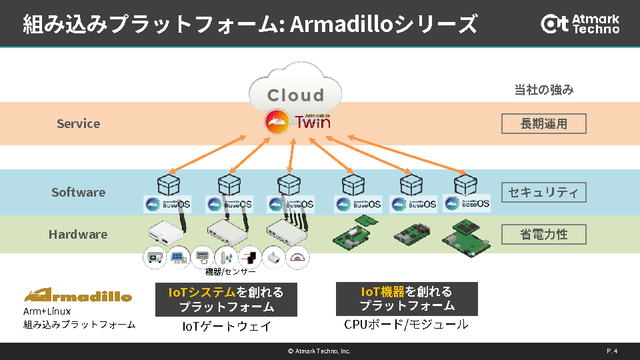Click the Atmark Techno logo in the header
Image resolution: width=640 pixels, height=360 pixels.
pos(580,23)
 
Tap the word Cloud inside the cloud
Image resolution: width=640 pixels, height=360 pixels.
pos(295,95)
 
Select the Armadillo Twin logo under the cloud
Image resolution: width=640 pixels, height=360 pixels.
pos(297,123)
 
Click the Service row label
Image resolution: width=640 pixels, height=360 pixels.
pos(78,123)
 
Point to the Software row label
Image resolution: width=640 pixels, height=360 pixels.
pos(78,192)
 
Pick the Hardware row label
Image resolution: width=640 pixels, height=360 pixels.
pos(78,234)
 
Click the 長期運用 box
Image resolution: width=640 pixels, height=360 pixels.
pos(544,124)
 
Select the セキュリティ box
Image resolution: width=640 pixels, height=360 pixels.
pos(544,192)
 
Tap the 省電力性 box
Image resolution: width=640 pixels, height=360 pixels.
pos(544,234)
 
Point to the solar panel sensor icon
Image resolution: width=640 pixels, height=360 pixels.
pos(178,256)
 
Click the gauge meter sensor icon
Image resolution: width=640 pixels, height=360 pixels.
pos(297,257)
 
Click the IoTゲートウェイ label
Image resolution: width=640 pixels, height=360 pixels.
pos(227,326)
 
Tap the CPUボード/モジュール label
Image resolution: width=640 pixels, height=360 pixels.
pos(406,325)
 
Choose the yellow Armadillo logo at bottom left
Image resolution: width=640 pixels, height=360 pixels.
pos(78,295)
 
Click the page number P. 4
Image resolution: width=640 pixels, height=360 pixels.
pos(611,351)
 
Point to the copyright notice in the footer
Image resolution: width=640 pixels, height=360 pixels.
pos(319,351)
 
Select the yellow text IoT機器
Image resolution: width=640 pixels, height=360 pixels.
pos(383,291)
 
